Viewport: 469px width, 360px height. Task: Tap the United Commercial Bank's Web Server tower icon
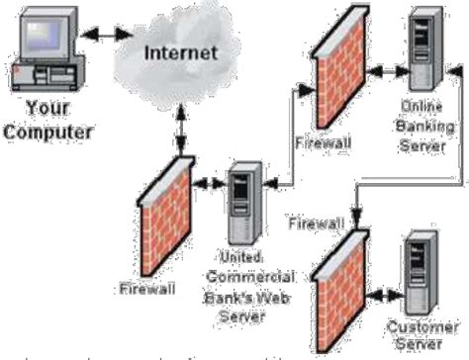click(242, 207)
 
